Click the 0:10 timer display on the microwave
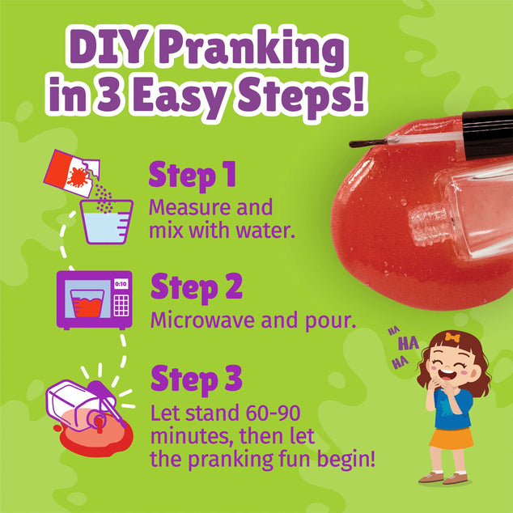coord(121,284)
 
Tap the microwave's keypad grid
coord(121,306)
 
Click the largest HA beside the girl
coord(409,342)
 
